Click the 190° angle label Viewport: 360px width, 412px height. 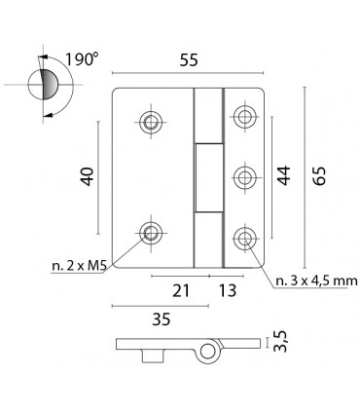pos(82,59)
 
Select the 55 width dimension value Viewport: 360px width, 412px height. pos(189,60)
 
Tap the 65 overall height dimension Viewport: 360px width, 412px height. pos(319,176)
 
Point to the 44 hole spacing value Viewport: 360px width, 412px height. pos(284,175)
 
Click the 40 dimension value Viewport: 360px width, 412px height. pos(87,176)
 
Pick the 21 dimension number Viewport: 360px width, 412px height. pos(181,290)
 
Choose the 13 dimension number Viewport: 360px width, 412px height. pos(228,290)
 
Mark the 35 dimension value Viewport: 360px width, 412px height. pos(162,319)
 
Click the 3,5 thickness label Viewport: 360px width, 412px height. pos(280,341)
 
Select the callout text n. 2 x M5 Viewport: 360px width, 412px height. pos(80,266)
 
